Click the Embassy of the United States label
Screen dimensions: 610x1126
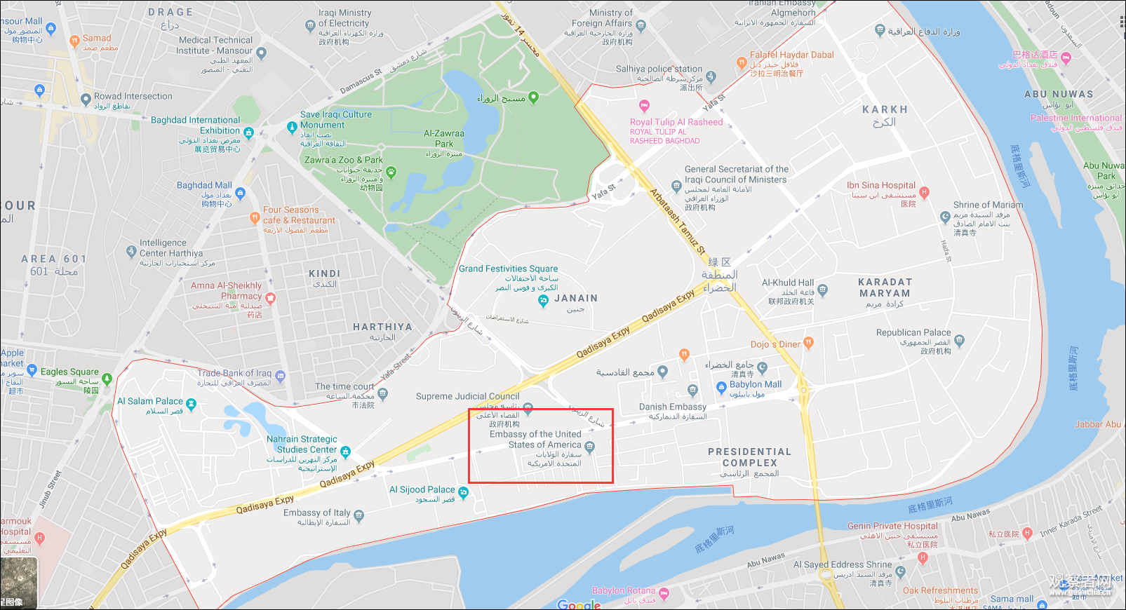pos(535,440)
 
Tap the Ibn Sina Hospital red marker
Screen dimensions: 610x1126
pos(924,191)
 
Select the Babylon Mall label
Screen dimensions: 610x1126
pos(755,384)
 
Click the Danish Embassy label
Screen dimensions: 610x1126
pos(672,407)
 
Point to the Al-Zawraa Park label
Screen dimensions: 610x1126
pos(443,138)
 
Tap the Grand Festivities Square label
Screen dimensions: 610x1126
pos(508,269)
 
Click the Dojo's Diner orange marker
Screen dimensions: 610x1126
pos(808,343)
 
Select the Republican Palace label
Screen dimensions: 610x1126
pos(913,332)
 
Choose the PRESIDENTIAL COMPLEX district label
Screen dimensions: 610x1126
pos(749,457)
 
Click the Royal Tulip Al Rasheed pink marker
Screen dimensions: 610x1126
pos(644,106)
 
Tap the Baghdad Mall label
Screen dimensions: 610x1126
pos(203,185)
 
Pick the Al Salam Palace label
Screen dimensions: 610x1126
pos(149,401)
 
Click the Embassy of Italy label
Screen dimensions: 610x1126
pos(316,513)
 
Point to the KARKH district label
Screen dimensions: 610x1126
pos(885,109)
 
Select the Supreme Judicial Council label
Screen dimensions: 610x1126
pos(467,396)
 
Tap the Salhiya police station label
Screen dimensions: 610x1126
pos(659,69)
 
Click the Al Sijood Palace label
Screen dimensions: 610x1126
pos(422,489)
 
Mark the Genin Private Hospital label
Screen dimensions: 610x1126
pos(892,526)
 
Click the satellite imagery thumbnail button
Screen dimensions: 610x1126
pos(19,582)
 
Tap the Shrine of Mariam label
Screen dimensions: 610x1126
pos(987,205)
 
